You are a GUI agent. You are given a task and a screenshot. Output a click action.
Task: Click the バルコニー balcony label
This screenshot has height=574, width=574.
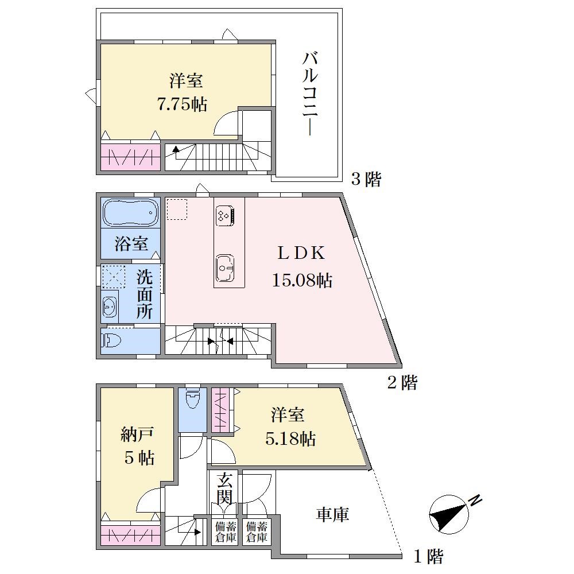pyautogui.click(x=310, y=94)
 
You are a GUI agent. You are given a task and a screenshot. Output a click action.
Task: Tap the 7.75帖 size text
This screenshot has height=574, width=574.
pyautogui.click(x=182, y=104)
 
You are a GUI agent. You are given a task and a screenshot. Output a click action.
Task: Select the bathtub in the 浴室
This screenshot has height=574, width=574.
pyautogui.click(x=130, y=212)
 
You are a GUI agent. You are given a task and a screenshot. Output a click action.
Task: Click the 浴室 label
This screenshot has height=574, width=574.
pyautogui.click(x=131, y=243)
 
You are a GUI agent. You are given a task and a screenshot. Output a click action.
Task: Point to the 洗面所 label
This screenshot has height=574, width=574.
pyautogui.click(x=145, y=294)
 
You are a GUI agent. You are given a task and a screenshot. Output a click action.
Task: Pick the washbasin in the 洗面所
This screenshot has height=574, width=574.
pyautogui.click(x=110, y=305)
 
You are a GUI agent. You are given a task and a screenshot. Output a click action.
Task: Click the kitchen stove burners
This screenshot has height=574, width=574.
pyautogui.click(x=225, y=215)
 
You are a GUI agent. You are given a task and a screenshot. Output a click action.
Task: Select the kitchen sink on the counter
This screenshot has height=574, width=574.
pyautogui.click(x=225, y=267)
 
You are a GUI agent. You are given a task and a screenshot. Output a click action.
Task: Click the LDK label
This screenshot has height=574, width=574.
pyautogui.click(x=301, y=253)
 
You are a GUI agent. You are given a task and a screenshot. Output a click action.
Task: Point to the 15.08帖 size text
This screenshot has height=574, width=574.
pyautogui.click(x=302, y=281)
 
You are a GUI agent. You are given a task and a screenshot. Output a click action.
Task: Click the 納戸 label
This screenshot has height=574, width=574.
pyautogui.click(x=137, y=434)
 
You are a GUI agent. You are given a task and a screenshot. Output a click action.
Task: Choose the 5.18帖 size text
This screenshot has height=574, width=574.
pyautogui.click(x=290, y=438)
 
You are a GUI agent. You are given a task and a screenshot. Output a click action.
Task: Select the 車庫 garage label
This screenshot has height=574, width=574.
pyautogui.click(x=332, y=514)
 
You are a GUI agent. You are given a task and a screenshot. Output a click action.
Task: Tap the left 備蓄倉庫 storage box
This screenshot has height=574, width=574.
pyautogui.click(x=225, y=532)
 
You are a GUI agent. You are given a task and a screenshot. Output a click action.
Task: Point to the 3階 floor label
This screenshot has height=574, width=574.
pyautogui.click(x=366, y=179)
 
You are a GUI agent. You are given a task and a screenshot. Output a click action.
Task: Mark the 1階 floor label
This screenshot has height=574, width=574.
pyautogui.click(x=428, y=557)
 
